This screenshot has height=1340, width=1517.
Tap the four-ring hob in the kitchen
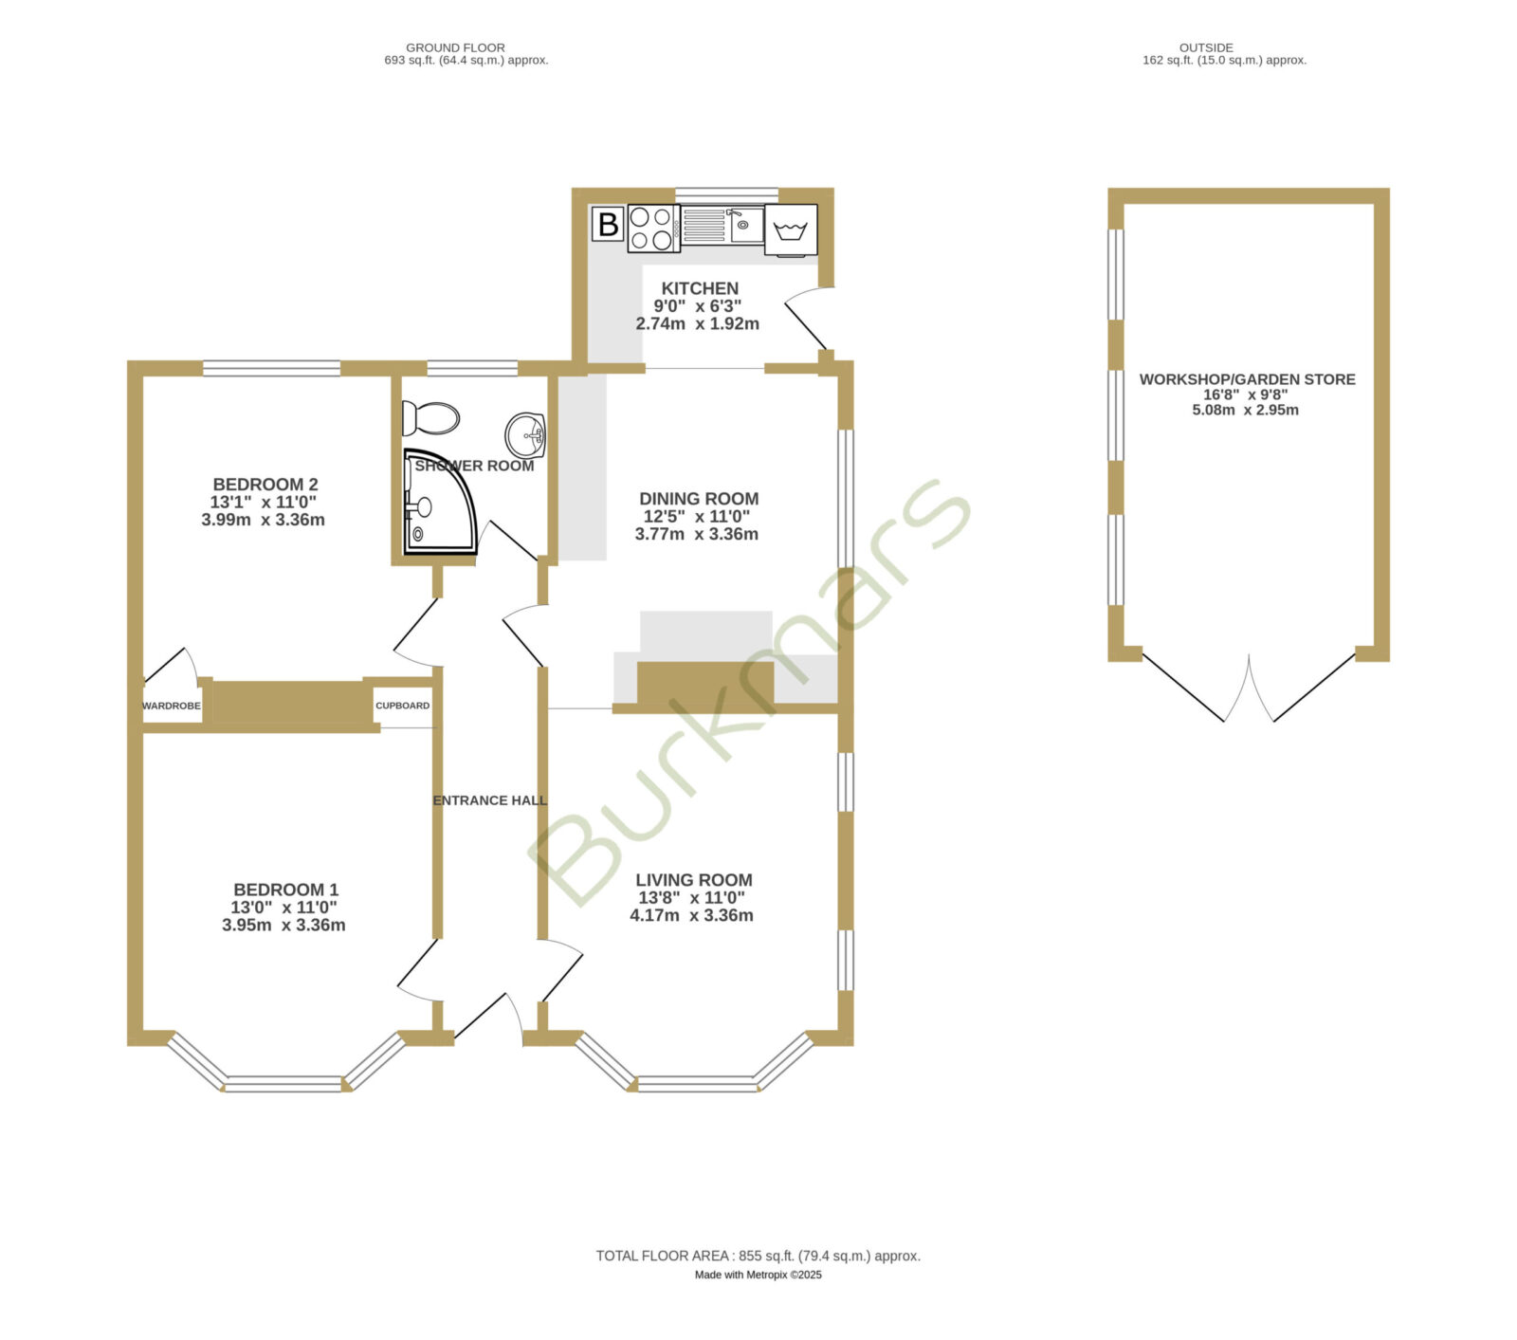coord(652,229)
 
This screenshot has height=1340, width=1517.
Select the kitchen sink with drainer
coord(722,225)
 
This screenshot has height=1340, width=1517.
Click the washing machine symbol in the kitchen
coord(791,230)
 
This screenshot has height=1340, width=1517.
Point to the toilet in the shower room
coord(430,417)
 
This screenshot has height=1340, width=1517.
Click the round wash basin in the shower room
coord(525,435)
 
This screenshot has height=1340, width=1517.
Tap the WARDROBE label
coord(172,707)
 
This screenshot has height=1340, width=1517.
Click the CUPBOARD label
coord(403,706)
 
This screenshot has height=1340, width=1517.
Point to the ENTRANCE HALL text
coord(490,800)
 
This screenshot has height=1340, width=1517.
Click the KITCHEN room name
coord(700,288)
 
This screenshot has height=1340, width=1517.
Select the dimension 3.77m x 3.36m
coord(697,534)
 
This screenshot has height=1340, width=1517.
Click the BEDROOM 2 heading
coord(265,485)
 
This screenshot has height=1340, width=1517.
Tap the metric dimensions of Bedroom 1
coord(283,925)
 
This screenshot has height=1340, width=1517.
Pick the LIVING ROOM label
coord(694,880)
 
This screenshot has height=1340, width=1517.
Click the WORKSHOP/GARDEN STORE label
coord(1247,379)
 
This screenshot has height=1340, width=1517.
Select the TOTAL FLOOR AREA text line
coord(758,1256)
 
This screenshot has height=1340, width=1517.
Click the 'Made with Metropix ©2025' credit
coord(758,1275)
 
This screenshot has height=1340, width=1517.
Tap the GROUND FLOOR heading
coord(455,47)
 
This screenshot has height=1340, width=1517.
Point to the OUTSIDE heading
coord(1206,47)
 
